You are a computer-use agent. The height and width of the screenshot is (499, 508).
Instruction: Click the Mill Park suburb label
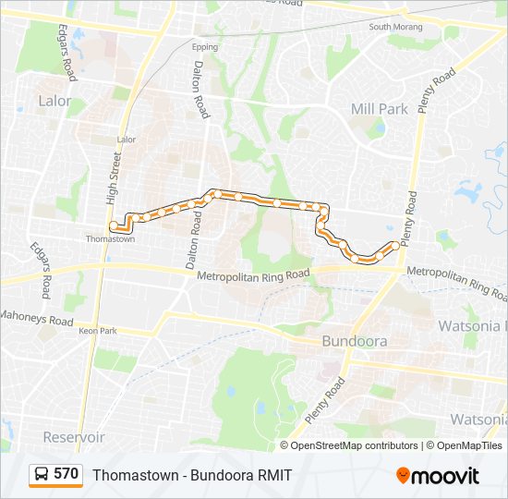(379, 109)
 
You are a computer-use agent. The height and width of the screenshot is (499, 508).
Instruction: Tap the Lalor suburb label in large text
(54, 101)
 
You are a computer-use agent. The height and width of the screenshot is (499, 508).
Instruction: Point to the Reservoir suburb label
(74, 437)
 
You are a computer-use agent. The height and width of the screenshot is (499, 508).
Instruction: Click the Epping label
(205, 46)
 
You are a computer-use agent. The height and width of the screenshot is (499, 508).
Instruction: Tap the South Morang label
(394, 27)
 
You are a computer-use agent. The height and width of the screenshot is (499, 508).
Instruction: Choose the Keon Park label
(98, 331)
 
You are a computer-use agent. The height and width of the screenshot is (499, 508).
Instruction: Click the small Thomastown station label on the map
(110, 239)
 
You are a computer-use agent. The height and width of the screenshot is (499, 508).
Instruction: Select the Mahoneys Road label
(37, 321)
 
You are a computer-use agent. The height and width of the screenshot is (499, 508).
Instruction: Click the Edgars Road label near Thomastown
(42, 270)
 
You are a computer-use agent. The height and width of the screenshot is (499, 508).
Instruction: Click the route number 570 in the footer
(66, 474)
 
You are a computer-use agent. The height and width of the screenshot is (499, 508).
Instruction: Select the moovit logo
(438, 476)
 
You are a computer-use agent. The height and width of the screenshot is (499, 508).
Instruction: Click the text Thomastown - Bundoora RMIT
(192, 475)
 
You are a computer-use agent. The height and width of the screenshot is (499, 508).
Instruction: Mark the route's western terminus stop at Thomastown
(113, 225)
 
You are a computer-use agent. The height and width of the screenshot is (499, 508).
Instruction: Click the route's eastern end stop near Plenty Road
(396, 245)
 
